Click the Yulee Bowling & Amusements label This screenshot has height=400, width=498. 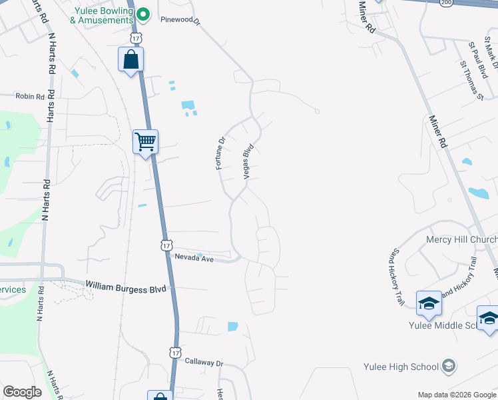(x=105, y=15)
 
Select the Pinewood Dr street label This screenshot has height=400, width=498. (x=180, y=20)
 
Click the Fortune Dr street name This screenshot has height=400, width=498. (x=221, y=153)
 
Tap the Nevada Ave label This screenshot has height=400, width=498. (x=194, y=258)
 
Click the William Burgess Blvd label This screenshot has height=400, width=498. (x=125, y=287)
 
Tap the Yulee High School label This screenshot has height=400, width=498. (x=401, y=367)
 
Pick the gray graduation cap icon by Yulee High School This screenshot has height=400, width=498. (x=449, y=366)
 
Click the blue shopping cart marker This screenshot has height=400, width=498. (x=145, y=141)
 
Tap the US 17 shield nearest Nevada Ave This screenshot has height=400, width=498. (x=166, y=245)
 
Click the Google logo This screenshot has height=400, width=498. (x=22, y=392)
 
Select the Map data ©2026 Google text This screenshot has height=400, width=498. (x=456, y=395)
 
